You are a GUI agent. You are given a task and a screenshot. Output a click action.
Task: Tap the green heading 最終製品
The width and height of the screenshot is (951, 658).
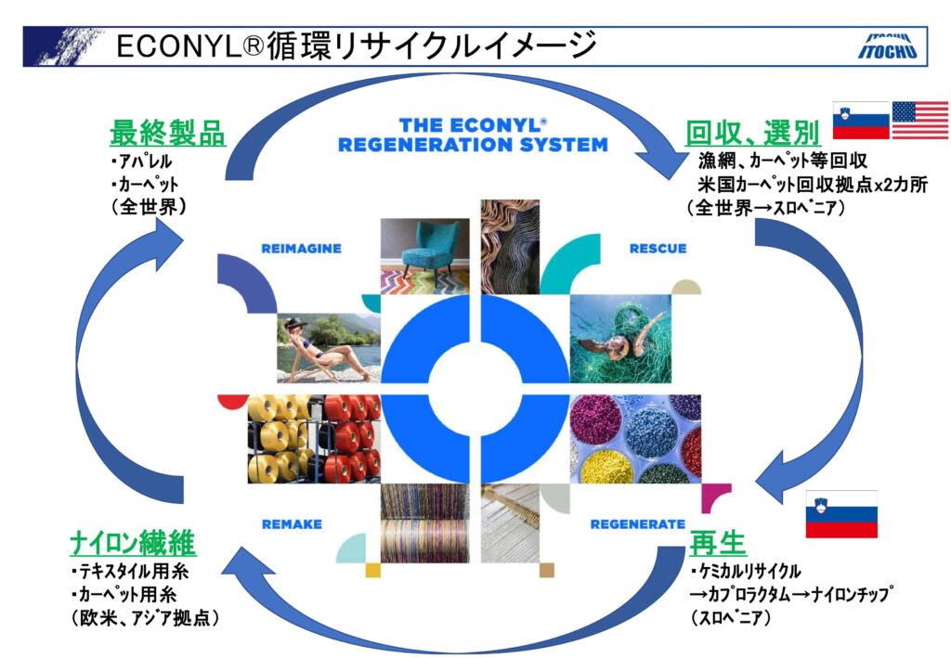pyautogui.click(x=167, y=133)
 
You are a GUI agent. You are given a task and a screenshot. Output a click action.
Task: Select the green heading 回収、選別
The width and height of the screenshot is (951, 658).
pyautogui.click(x=752, y=134)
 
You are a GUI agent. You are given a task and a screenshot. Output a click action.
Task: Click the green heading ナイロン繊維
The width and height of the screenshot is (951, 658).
pyautogui.click(x=133, y=542)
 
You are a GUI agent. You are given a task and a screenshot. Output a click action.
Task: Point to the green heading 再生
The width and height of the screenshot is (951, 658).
pyautogui.click(x=718, y=542)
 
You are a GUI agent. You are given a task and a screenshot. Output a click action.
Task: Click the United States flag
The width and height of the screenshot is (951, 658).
pyautogui.click(x=920, y=120)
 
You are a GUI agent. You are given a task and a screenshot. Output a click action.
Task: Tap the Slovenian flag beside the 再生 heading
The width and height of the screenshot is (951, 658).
pyautogui.click(x=841, y=514)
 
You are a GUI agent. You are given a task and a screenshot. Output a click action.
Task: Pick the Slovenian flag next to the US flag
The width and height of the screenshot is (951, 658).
pyautogui.click(x=861, y=120)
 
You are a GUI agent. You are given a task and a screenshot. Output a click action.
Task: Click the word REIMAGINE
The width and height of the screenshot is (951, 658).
pyautogui.click(x=302, y=249)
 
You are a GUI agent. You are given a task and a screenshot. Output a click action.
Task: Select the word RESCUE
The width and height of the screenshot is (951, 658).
pyautogui.click(x=658, y=249)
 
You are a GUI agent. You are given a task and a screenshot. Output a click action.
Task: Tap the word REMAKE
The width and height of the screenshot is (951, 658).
pyautogui.click(x=292, y=524)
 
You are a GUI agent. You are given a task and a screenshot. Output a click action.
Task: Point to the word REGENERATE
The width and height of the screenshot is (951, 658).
pyautogui.click(x=637, y=524)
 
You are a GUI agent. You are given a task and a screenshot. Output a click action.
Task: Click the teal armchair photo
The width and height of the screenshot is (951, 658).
pyautogui.click(x=424, y=256)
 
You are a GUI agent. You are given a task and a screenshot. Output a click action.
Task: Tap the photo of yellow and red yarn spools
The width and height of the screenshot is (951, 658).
pyautogui.click(x=314, y=439)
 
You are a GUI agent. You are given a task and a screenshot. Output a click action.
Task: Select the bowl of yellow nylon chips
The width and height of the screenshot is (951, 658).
pyautogui.click(x=606, y=466)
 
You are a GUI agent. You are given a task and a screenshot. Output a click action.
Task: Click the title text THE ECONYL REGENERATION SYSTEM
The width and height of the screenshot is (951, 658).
pyautogui.click(x=473, y=135)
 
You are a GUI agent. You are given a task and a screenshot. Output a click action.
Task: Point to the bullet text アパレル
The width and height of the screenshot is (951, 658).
pyautogui.click(x=142, y=161)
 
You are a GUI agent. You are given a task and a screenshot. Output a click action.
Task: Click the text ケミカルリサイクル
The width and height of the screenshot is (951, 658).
pyautogui.click(x=746, y=571)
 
